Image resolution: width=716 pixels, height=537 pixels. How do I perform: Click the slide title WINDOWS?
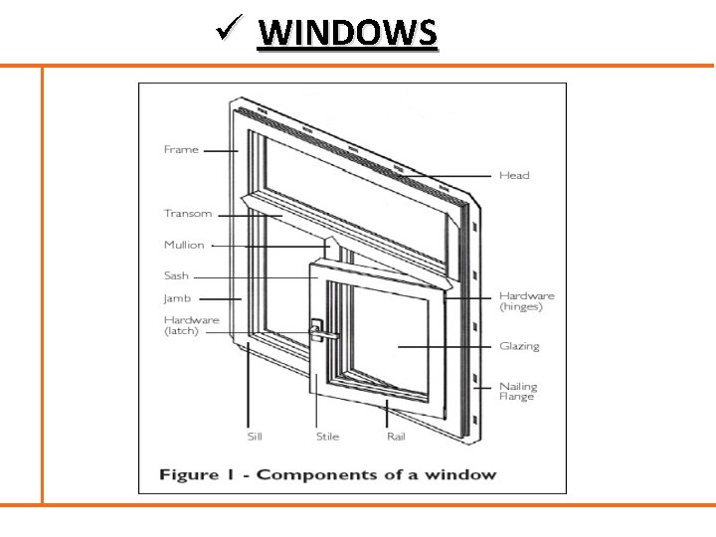coord(347,33)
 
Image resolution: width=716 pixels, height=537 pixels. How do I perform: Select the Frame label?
coord(181,149)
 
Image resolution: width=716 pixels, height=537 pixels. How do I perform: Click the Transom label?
coord(188,213)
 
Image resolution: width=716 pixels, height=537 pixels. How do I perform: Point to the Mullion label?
coord(184,245)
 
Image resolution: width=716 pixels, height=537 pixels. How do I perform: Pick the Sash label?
coord(176,275)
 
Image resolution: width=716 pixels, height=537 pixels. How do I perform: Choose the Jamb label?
coord(177,298)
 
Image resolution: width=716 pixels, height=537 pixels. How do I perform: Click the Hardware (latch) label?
coord(191,325)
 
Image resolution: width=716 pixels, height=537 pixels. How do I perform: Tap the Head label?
coord(514,176)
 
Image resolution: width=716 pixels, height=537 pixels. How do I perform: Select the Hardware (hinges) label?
coord(526,301)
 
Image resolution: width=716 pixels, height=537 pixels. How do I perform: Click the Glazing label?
coord(519,346)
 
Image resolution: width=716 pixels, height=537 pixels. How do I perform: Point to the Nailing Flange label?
coord(517,391)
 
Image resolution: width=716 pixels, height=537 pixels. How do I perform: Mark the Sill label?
coord(255,436)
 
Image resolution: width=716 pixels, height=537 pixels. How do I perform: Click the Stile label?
coord(327,436)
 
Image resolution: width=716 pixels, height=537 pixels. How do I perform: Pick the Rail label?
coord(396,436)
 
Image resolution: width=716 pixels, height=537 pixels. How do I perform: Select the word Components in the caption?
coord(307,474)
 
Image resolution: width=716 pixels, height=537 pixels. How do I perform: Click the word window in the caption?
coord(462,474)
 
